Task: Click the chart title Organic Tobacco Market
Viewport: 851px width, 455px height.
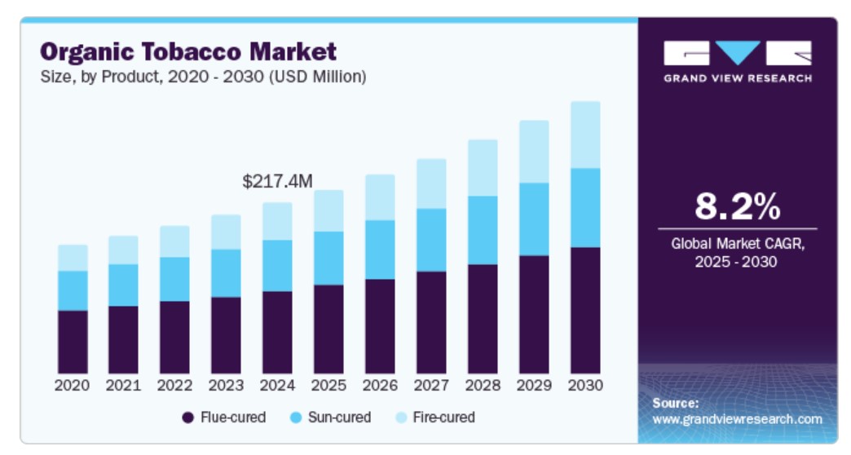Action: (188, 52)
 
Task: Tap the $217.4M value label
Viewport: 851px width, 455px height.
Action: (277, 182)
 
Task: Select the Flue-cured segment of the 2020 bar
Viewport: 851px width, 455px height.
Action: (73, 341)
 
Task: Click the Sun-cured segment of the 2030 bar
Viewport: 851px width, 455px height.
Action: (585, 207)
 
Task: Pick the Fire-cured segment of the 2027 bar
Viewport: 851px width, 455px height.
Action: (431, 183)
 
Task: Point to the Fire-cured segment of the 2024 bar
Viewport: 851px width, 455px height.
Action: (277, 221)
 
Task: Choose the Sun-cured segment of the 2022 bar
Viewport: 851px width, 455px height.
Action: (174, 279)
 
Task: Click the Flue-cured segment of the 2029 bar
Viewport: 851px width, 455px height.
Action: (534, 314)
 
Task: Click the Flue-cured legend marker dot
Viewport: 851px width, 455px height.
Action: (187, 417)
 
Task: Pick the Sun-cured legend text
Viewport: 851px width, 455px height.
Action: (339, 417)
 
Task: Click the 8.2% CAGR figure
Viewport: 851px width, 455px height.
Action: (737, 207)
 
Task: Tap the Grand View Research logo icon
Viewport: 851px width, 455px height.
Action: (737, 54)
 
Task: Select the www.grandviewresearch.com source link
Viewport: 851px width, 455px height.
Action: (737, 419)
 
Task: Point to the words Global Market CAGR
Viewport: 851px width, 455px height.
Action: (737, 243)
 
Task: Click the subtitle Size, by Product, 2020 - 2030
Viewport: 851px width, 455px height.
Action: (203, 77)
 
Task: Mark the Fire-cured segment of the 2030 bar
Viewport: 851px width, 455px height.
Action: (585, 135)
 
